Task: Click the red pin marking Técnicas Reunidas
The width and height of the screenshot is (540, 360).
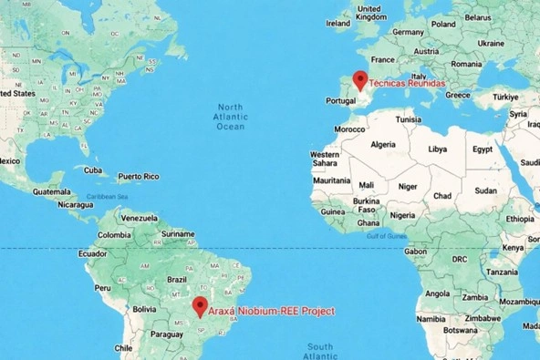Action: (360, 80)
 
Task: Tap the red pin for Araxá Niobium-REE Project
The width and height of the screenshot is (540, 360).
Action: (201, 307)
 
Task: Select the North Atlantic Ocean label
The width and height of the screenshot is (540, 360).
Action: (229, 117)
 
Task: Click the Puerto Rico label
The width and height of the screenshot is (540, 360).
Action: (138, 176)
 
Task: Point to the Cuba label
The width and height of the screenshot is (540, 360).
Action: (93, 170)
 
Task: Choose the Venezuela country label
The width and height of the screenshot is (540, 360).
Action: (140, 219)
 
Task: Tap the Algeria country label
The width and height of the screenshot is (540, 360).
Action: (383, 144)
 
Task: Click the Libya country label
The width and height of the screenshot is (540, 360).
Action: (438, 149)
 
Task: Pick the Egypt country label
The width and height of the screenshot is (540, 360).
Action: (483, 149)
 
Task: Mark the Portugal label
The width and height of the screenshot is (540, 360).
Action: (339, 101)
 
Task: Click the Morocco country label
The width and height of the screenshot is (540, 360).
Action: (349, 129)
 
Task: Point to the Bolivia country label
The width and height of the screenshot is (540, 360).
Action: (145, 309)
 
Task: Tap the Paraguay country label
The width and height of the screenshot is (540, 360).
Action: (166, 334)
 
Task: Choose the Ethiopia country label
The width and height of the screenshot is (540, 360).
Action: (521, 219)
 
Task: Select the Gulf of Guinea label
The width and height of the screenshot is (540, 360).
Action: (385, 236)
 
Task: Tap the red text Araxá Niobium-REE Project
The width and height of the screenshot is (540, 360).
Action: (272, 312)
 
